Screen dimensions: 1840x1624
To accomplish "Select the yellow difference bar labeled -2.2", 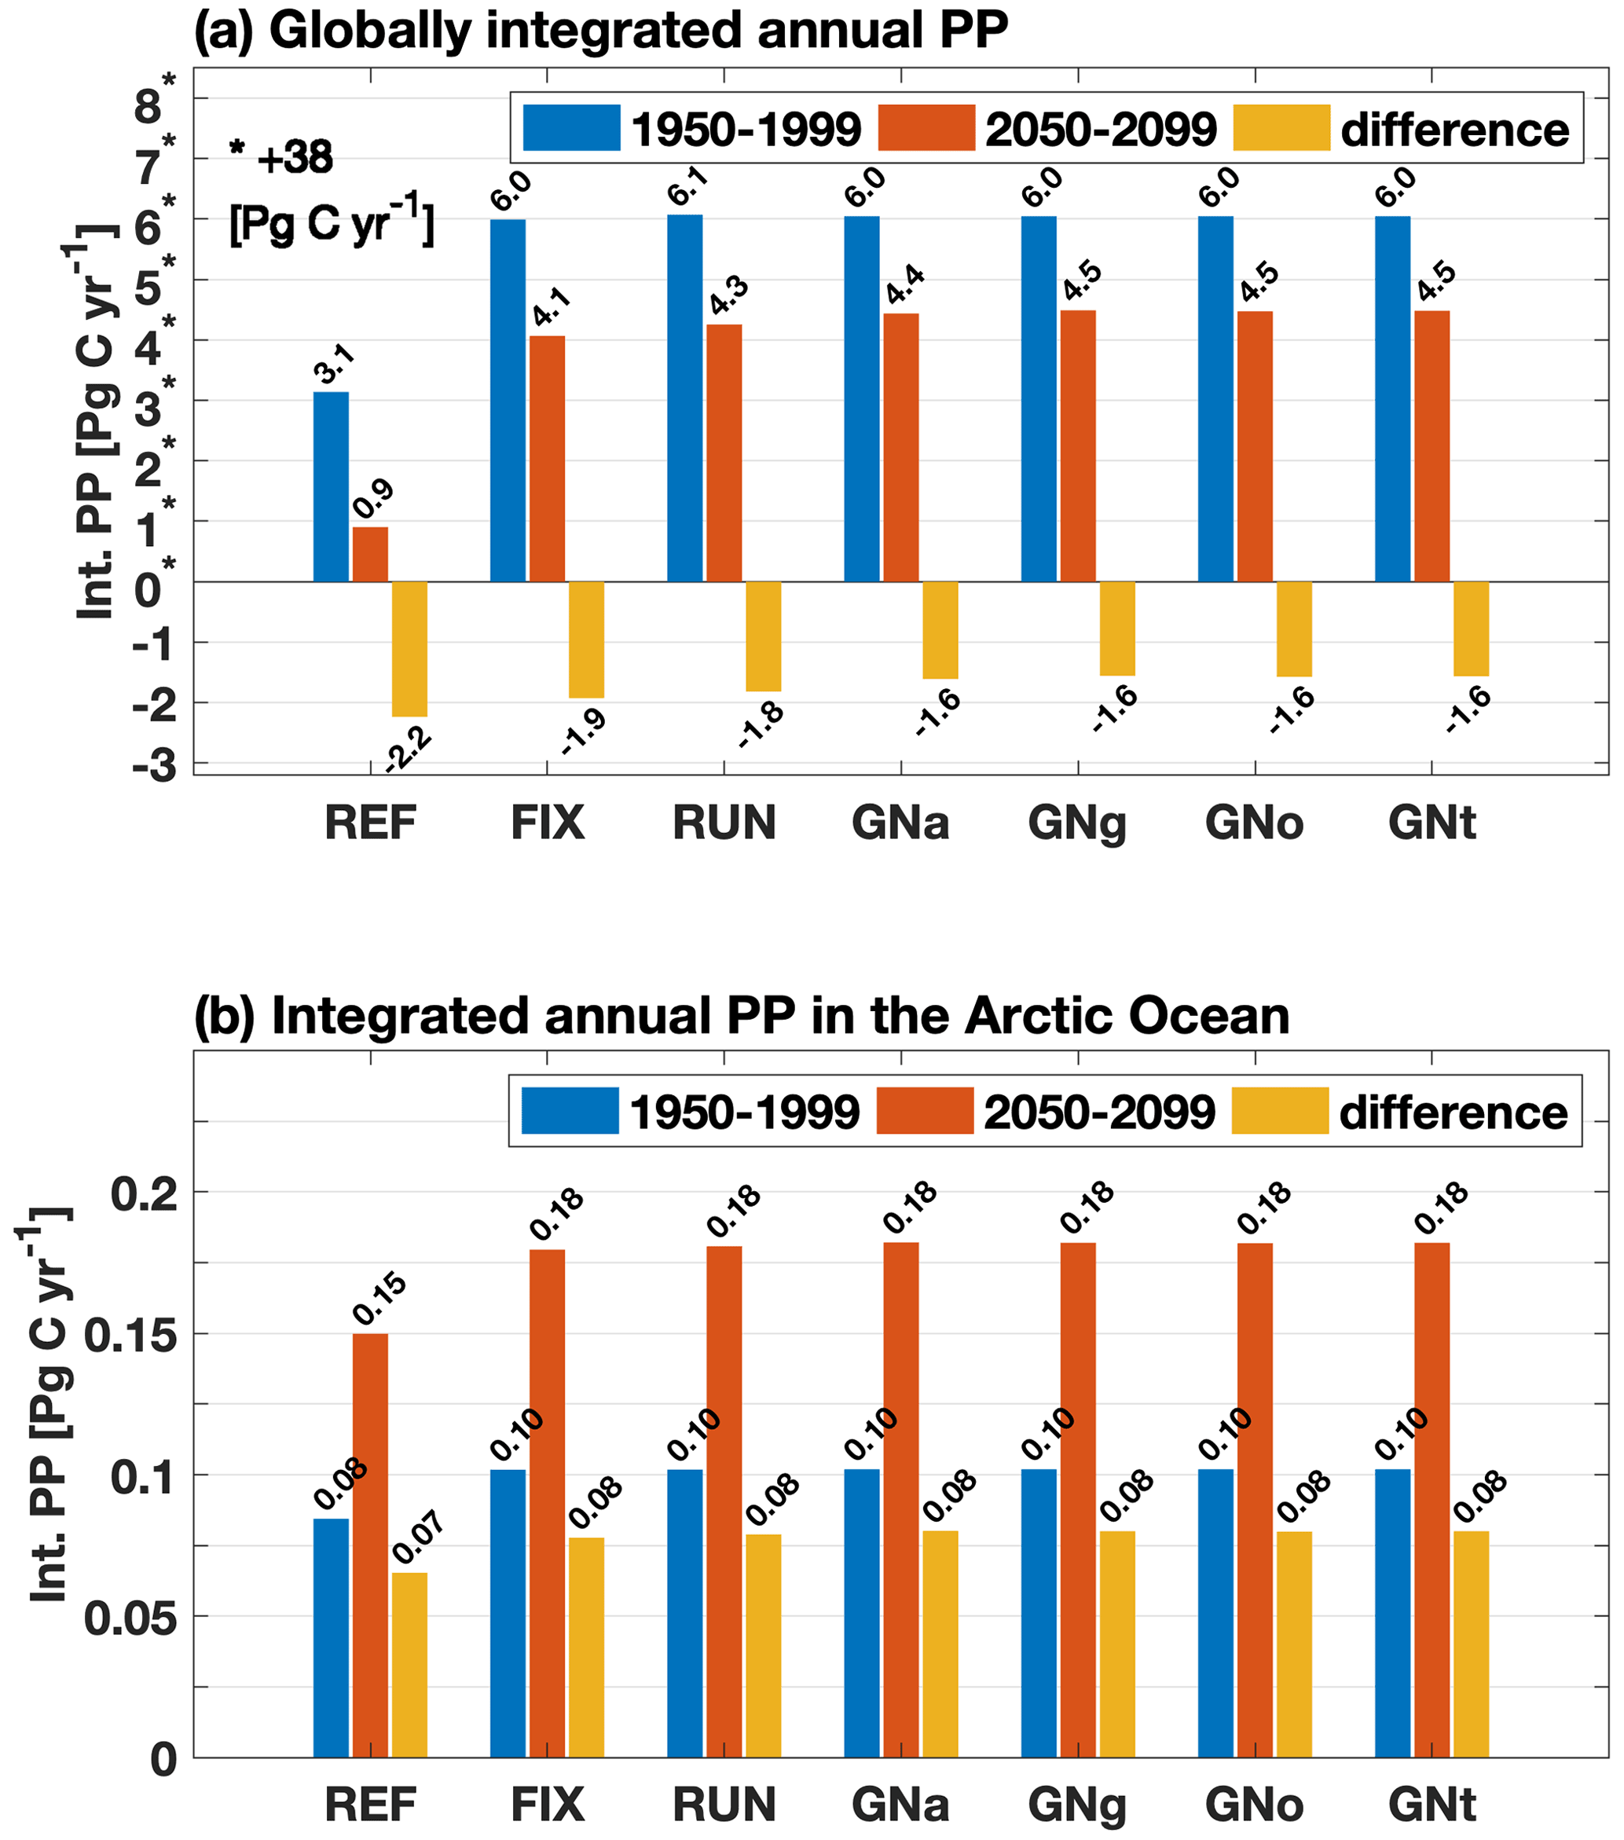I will (409, 648).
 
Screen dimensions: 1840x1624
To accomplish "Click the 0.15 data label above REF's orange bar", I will (379, 1299).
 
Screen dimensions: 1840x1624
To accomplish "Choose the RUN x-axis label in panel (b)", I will (724, 1804).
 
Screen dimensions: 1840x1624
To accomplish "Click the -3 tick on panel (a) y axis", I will (155, 766).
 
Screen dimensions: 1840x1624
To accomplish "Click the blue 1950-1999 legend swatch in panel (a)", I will (572, 128).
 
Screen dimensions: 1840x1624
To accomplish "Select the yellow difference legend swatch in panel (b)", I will (1279, 1111).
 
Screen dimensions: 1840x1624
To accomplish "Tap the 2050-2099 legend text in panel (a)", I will (1100, 130).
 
